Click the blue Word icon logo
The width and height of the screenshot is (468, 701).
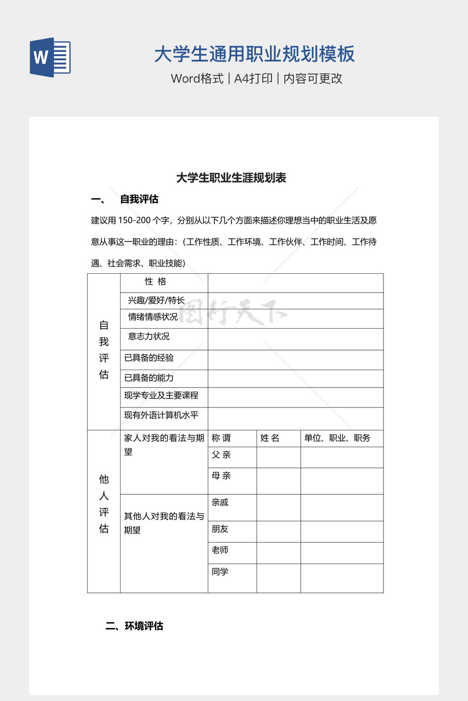50,58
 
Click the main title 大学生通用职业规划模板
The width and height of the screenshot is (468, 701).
254,54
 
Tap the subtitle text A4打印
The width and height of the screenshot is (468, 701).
253,78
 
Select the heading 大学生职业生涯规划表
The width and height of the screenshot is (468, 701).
231,178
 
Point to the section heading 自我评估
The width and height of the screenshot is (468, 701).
139,199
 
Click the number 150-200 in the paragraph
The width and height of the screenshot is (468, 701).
134,220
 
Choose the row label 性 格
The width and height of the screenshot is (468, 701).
155,282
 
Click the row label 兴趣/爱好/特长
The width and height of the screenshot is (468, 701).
156,300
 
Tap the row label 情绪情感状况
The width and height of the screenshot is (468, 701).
153,317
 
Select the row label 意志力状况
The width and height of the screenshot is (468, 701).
149,336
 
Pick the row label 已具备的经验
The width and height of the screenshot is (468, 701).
149,358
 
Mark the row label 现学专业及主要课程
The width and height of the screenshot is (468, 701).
161,396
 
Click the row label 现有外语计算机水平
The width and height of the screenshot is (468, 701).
161,415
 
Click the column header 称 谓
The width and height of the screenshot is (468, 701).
221,438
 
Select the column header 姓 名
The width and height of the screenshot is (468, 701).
270,438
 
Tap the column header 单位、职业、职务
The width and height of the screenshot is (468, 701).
337,438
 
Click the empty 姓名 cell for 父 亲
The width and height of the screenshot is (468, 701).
278,457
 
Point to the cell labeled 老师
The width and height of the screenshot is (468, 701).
220,550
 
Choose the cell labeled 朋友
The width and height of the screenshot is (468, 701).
220,529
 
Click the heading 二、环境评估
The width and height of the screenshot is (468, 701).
134,626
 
